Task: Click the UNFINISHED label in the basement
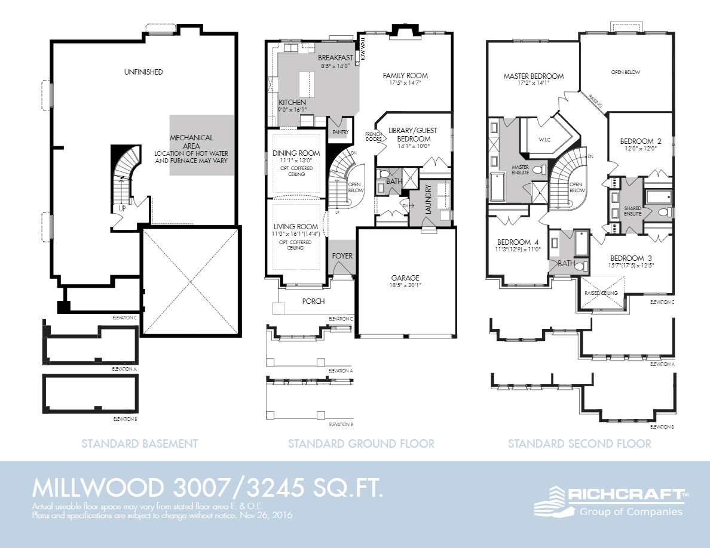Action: [143, 72]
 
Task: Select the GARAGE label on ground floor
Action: [405, 278]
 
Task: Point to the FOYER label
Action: [342, 256]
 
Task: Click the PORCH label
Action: [313, 301]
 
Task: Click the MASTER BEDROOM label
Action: [533, 76]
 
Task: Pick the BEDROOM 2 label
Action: [638, 141]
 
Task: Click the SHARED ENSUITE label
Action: [633, 210]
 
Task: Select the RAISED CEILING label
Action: [601, 293]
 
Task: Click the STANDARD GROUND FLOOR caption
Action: [361, 444]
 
